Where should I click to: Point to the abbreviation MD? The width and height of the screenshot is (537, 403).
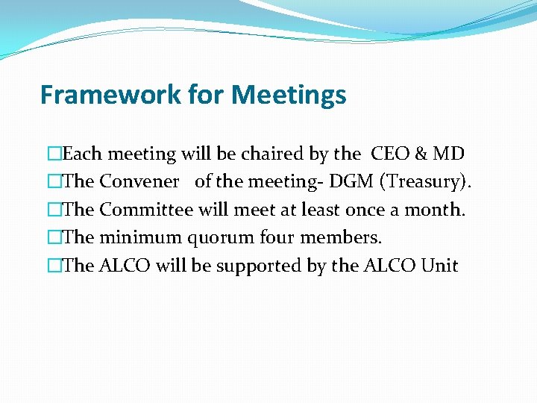[449, 154]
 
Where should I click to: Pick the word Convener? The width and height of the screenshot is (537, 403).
[139, 182]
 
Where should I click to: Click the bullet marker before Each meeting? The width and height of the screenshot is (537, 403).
[54, 154]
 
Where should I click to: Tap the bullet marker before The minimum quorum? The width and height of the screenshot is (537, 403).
[54, 237]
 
